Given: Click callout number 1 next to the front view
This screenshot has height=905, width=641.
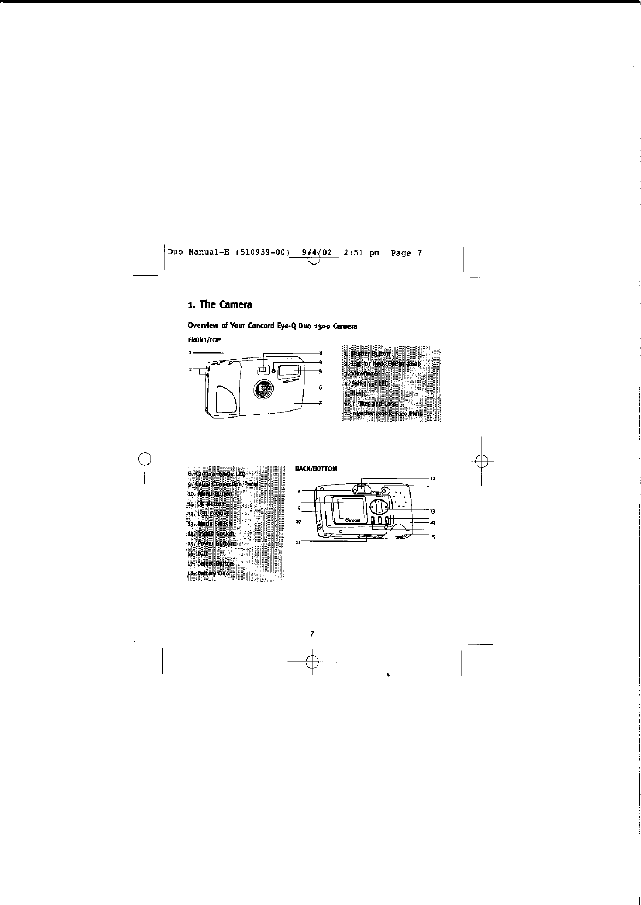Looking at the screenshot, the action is tap(191, 352).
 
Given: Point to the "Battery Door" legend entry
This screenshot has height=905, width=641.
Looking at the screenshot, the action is tap(210, 573).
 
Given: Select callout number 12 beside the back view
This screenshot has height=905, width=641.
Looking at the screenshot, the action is tap(432, 479).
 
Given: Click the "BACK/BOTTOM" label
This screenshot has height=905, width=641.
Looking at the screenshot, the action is tap(316, 468).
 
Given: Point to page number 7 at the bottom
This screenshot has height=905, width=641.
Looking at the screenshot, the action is tap(312, 634).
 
